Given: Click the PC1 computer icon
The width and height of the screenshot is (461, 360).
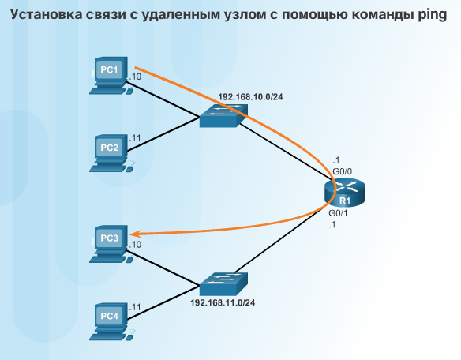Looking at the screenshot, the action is (x=111, y=76).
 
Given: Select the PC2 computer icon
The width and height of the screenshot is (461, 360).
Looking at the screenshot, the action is (x=111, y=153).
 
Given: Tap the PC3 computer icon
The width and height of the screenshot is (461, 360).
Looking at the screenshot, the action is (x=111, y=244).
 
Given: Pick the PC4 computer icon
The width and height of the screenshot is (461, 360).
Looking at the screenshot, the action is (x=111, y=322).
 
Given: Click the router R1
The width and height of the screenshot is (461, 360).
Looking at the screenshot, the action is (x=345, y=193).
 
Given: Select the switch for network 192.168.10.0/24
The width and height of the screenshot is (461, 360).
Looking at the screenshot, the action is (x=223, y=115).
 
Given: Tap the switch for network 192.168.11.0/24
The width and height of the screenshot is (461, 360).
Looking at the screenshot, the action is (x=223, y=284).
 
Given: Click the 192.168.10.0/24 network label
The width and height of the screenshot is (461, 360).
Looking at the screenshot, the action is (x=250, y=97).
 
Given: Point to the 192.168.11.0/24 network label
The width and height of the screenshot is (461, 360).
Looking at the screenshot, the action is (x=223, y=302).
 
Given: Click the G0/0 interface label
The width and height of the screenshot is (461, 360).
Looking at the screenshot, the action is (x=343, y=171).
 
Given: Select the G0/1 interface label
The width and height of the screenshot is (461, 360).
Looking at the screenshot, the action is (x=338, y=213).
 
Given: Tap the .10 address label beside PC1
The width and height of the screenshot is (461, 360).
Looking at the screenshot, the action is (x=135, y=77).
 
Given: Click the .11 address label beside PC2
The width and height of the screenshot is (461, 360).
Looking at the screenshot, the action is (x=135, y=138).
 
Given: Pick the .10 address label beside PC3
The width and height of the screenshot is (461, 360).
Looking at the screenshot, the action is (x=135, y=245).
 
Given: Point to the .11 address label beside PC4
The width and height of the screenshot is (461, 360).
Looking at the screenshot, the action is (x=135, y=307).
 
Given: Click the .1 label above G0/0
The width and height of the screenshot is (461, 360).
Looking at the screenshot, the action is (x=336, y=160).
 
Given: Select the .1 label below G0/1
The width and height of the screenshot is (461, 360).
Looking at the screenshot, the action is (x=332, y=225).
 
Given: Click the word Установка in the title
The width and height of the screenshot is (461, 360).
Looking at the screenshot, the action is (x=46, y=14).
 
